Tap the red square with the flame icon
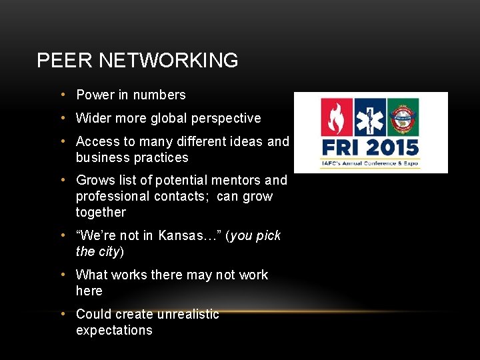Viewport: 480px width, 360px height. tap(337, 117)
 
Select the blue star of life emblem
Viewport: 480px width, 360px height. tap(370, 117)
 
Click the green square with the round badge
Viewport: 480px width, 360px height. tap(403, 117)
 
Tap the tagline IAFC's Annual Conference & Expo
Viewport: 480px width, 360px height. tap(371, 163)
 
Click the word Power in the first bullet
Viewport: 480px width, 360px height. tap(95, 95)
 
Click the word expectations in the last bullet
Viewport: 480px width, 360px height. tap(114, 331)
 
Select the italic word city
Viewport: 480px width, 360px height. tap(109, 252)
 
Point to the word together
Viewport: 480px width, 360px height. tap(101, 213)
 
